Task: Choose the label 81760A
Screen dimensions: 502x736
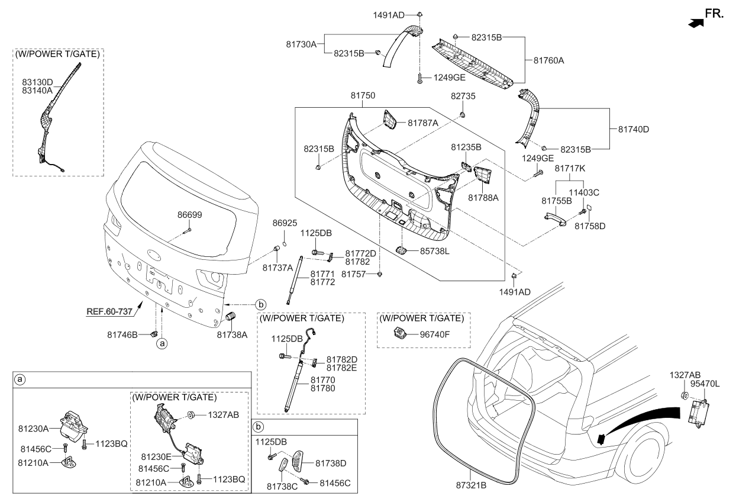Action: click(x=548, y=60)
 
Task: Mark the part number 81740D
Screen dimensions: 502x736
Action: click(x=633, y=129)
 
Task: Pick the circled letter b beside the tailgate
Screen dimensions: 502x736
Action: click(x=260, y=305)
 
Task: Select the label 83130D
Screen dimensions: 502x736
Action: click(x=37, y=82)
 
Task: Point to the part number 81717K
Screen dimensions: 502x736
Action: click(x=570, y=169)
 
